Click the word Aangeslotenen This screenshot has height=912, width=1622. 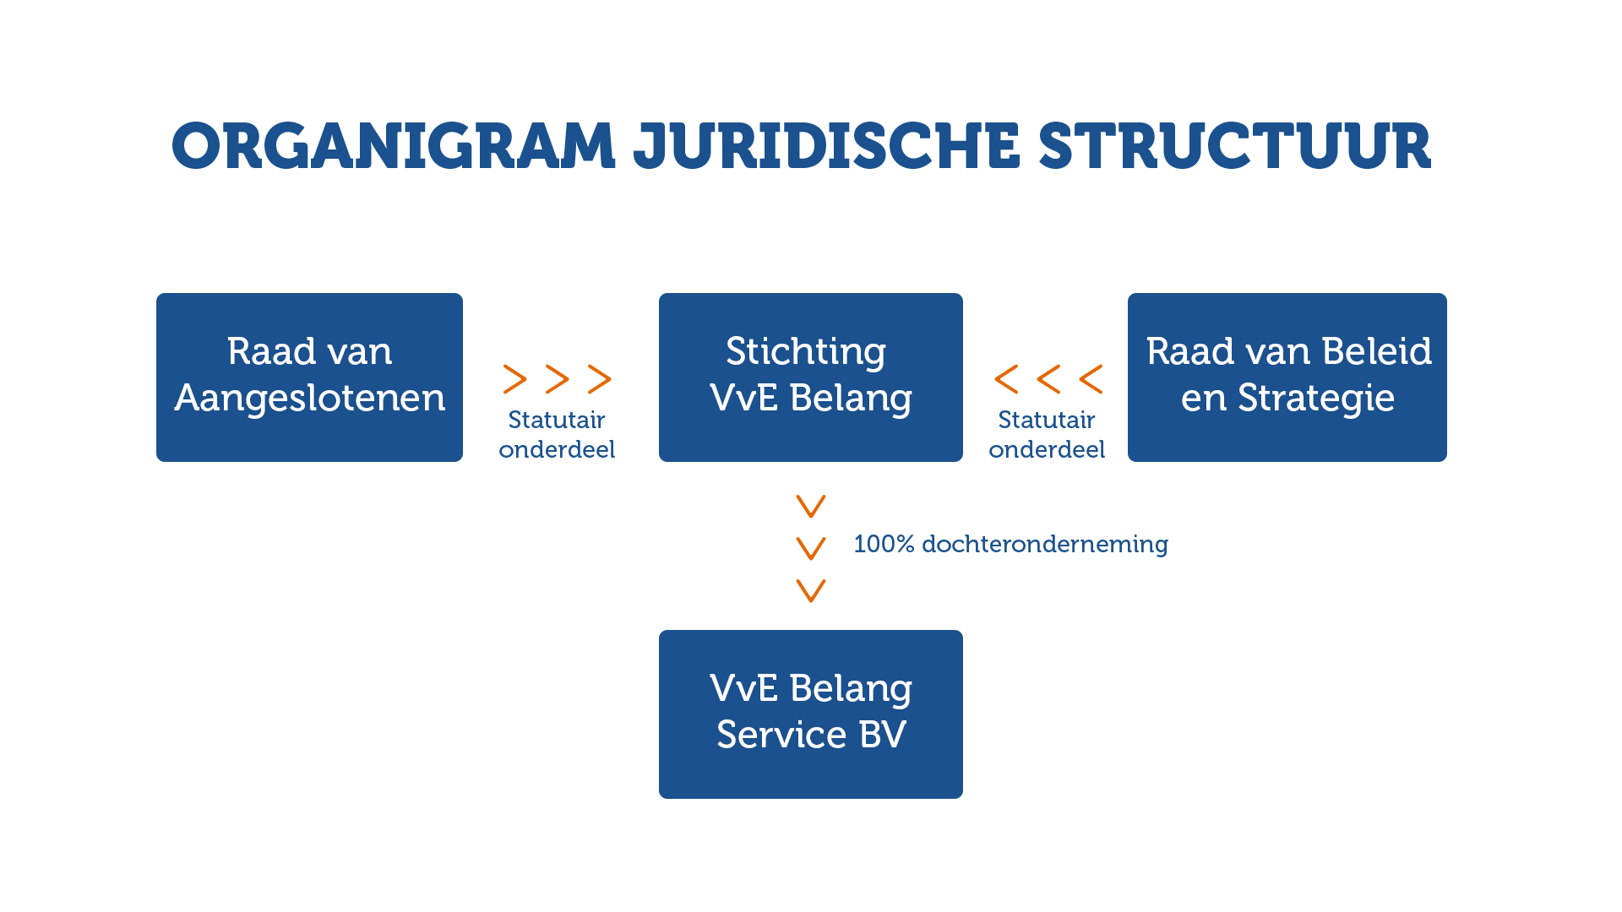point(309,398)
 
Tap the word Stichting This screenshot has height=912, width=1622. point(805,352)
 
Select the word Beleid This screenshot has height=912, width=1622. point(1376,351)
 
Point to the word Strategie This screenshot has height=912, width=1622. point(1315,398)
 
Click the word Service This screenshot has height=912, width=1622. point(781,735)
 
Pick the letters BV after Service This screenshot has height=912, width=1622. point(882,735)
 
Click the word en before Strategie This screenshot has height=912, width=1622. point(1203,399)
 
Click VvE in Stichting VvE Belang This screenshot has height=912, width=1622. point(743,398)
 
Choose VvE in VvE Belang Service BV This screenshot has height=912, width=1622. point(743,688)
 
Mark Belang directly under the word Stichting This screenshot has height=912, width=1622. point(850,399)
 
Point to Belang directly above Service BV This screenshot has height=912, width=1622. point(850,689)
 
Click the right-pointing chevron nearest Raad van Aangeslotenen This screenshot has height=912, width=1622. point(515,379)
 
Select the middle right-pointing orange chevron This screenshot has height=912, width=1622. point(558,379)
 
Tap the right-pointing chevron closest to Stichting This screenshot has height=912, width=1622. point(600,379)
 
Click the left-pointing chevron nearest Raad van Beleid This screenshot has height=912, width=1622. point(1091,379)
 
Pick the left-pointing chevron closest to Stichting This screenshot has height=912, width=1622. point(1006,379)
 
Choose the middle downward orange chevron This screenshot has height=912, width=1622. point(811,549)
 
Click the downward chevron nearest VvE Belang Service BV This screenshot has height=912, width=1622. point(811,591)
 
